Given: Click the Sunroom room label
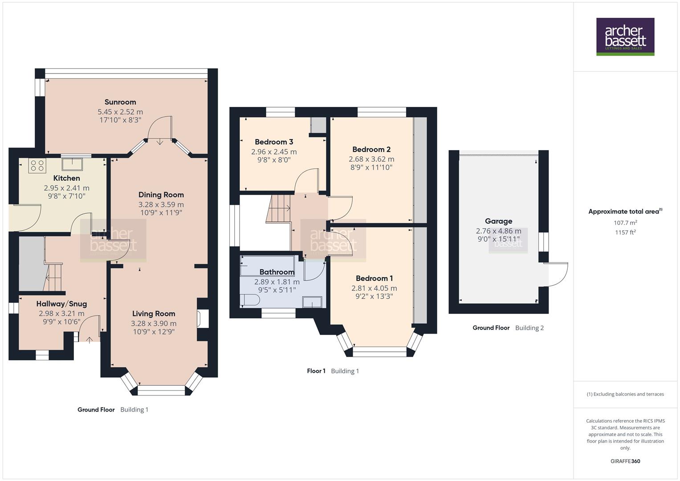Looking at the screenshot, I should click(120, 102).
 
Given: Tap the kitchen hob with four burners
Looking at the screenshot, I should click(37, 166).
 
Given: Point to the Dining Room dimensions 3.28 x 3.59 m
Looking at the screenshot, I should click(161, 204).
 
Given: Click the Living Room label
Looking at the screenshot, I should click(154, 314).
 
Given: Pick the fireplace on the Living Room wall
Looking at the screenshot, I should click(202, 319).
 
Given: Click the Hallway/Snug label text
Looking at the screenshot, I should click(61, 304).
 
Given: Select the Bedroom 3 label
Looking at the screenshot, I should click(274, 142).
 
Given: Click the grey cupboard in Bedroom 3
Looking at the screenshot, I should click(318, 126).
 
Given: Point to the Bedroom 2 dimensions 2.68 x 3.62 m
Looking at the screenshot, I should click(371, 159).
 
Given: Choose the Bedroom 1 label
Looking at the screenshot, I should click(374, 278).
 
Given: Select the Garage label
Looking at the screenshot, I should click(498, 221).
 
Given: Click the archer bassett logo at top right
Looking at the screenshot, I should click(625, 37).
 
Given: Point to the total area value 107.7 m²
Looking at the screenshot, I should click(625, 222).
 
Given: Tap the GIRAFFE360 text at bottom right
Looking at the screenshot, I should click(625, 461).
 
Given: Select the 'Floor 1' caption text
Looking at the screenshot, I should click(316, 371).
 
